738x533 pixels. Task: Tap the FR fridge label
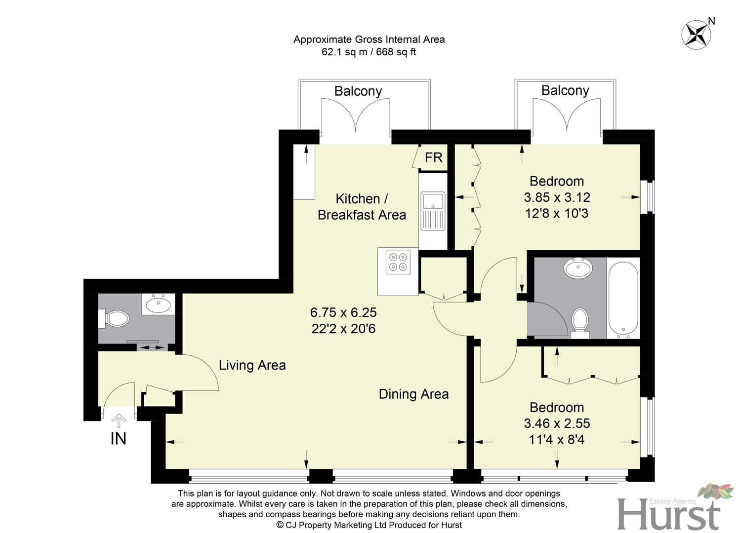point(434,157)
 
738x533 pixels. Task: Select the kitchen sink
point(433,211)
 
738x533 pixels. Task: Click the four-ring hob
point(398,262)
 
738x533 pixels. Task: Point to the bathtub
point(623,298)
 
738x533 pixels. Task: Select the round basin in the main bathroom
point(578,269)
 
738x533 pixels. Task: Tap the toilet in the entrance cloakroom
point(115,318)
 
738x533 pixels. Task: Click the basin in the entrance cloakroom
point(159,304)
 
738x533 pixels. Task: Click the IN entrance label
point(119,438)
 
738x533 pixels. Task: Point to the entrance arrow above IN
point(119,420)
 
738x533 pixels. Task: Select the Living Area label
point(252,365)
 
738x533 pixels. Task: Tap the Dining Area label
point(413,394)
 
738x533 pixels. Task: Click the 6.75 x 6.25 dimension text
point(343,312)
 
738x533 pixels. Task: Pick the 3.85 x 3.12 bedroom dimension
point(557,197)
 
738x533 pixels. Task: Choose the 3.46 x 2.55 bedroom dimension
point(557,423)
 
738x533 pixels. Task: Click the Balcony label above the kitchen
point(358,91)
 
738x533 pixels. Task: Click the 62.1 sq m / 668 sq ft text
point(369,52)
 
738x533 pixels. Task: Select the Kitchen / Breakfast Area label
point(362,207)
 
